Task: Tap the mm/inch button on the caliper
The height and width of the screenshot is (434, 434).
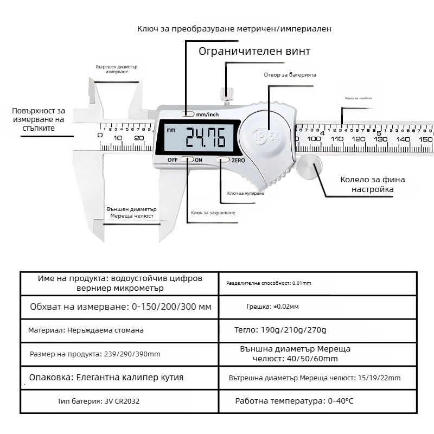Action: pyautogui.click(x=188, y=114)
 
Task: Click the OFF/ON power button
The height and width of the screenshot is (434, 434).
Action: pyautogui.click(x=187, y=159)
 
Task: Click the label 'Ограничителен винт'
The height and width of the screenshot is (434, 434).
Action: pyautogui.click(x=254, y=52)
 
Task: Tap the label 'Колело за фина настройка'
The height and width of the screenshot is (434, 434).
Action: pyautogui.click(x=372, y=184)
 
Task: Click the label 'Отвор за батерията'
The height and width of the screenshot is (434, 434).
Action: pyautogui.click(x=290, y=75)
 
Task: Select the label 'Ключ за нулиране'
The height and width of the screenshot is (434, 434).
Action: pyautogui.click(x=246, y=193)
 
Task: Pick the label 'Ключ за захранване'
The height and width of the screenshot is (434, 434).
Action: pyautogui.click(x=213, y=213)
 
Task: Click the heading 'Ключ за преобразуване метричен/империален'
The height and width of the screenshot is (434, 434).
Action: pyautogui.click(x=234, y=28)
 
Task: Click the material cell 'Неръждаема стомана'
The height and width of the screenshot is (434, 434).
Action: pyautogui.click(x=86, y=330)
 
